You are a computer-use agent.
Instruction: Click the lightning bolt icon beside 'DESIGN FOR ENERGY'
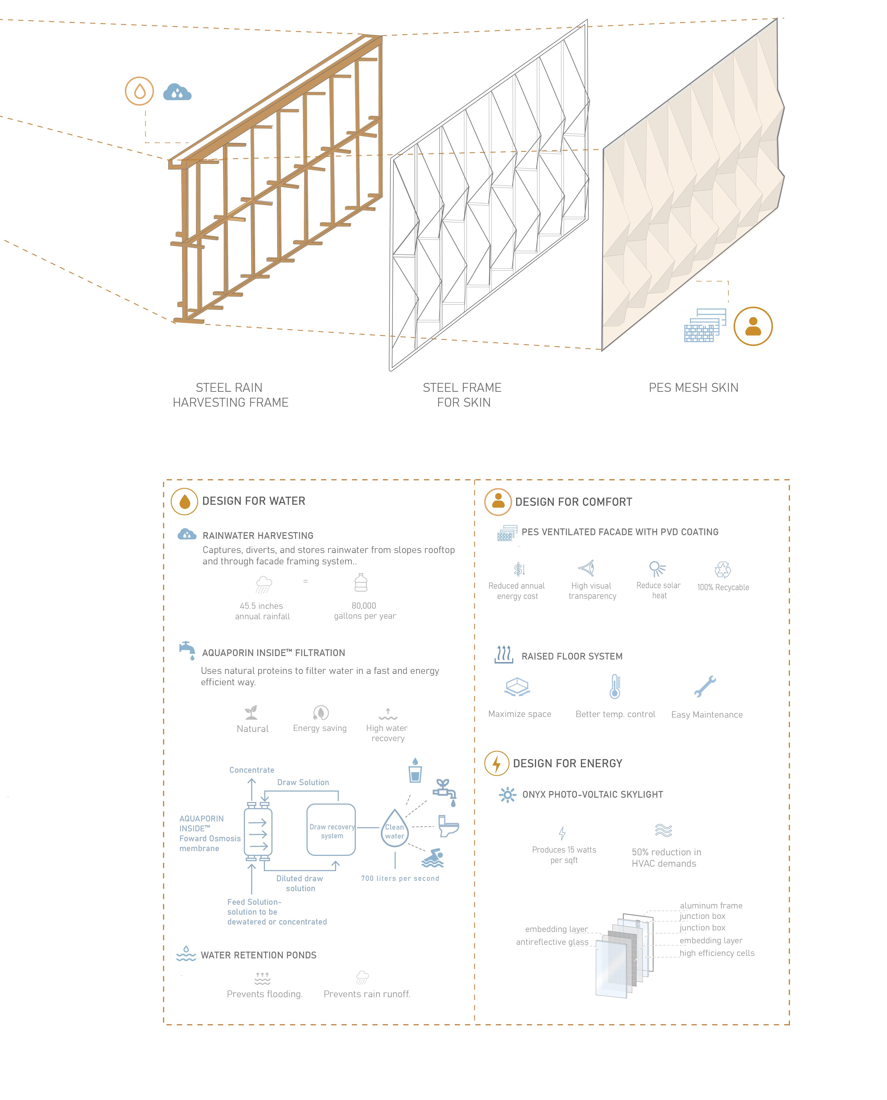click(x=496, y=764)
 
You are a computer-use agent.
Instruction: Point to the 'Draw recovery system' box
click(x=331, y=831)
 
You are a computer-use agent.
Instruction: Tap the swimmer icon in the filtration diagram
click(x=433, y=859)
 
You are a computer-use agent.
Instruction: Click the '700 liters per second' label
click(x=400, y=878)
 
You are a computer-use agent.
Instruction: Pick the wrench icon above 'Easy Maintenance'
click(x=705, y=686)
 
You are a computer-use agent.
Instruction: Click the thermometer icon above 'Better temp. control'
click(x=615, y=686)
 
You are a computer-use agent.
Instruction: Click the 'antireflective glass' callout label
click(x=552, y=942)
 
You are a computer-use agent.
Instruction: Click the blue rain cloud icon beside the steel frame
click(x=177, y=92)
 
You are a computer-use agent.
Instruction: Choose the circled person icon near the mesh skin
click(x=753, y=326)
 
